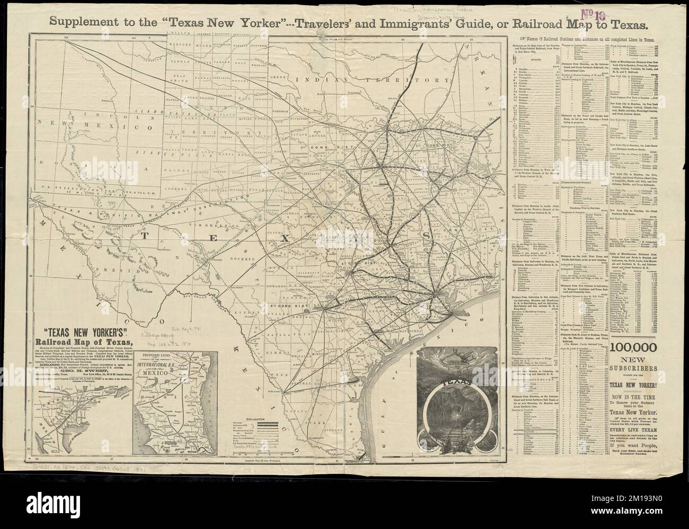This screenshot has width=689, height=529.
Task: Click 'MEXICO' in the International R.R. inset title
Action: click(x=167, y=373)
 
